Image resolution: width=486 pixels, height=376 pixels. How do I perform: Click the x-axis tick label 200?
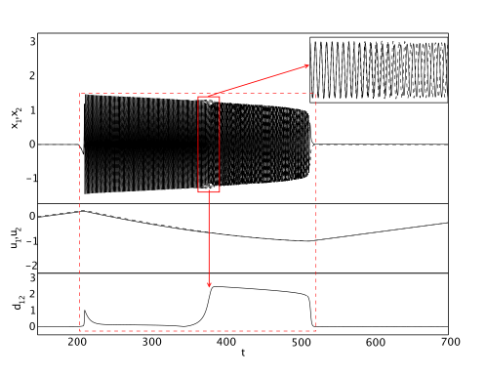point(77,342)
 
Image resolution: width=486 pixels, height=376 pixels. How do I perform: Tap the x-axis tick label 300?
point(152,342)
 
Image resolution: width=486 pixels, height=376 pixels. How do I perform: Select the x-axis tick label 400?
point(226,342)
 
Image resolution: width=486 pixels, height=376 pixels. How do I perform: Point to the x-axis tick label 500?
point(301,342)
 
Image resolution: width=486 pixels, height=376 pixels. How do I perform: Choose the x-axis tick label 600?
point(376,342)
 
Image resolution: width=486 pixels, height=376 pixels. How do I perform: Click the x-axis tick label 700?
point(451,342)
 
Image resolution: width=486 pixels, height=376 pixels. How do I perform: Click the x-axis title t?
point(243,353)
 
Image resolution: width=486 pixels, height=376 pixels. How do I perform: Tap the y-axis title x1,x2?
point(17,118)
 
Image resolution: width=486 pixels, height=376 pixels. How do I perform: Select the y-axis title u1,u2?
point(16,238)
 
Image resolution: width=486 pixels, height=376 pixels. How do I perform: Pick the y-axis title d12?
point(19,302)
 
